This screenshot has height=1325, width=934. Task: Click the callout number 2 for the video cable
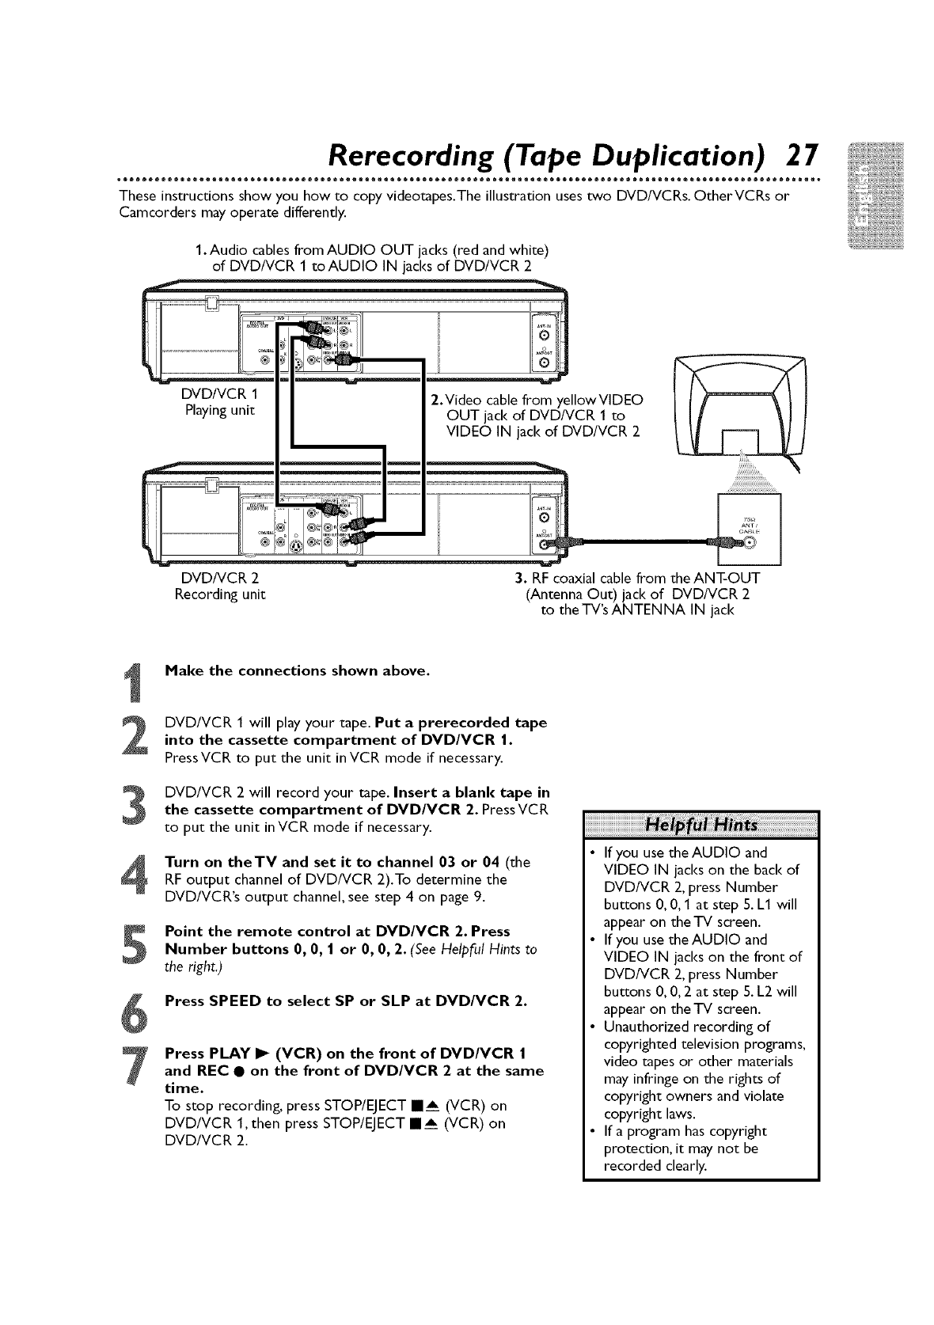click(x=435, y=397)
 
